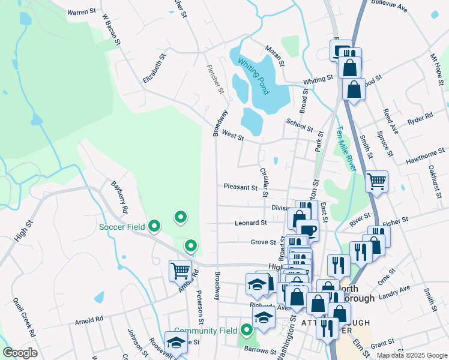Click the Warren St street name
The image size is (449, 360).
[x=82, y=11]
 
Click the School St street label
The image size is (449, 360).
[x=300, y=124]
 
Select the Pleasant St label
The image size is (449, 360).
[x=240, y=187]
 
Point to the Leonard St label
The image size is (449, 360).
[x=250, y=223]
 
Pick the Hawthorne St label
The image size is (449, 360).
[x=420, y=158]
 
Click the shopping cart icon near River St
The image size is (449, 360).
[x=376, y=180]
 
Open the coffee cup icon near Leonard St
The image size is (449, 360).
[x=308, y=230]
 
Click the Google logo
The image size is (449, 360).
[x=20, y=353]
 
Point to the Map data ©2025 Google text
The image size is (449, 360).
[x=411, y=355]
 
